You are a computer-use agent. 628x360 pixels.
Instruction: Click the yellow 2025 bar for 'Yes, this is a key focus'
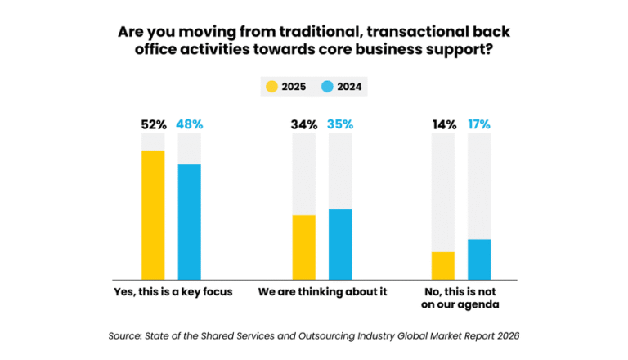click(x=153, y=214)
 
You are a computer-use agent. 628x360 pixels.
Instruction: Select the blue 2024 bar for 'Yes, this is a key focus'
click(x=189, y=221)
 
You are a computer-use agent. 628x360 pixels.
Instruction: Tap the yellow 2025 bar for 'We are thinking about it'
click(x=303, y=246)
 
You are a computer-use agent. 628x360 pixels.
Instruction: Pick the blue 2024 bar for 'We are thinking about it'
click(x=339, y=244)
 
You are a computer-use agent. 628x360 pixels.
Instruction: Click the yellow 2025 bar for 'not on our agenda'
click(x=442, y=265)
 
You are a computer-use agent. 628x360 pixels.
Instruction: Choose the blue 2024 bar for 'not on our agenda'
click(x=479, y=259)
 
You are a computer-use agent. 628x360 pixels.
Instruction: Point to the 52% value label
click(x=153, y=125)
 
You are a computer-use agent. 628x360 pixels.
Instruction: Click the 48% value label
click(x=189, y=125)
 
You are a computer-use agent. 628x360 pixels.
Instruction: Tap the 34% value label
click(x=303, y=125)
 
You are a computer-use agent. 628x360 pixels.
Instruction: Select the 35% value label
click(x=339, y=125)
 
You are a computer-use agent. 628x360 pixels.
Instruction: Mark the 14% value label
click(x=442, y=125)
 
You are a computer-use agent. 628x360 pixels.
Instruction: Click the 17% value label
click(x=479, y=125)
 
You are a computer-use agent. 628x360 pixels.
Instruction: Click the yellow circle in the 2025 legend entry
click(x=270, y=85)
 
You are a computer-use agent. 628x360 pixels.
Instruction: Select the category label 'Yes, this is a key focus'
click(x=172, y=292)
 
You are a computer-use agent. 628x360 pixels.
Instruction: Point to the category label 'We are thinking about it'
click(x=322, y=292)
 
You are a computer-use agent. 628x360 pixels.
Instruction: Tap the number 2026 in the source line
click(x=505, y=335)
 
